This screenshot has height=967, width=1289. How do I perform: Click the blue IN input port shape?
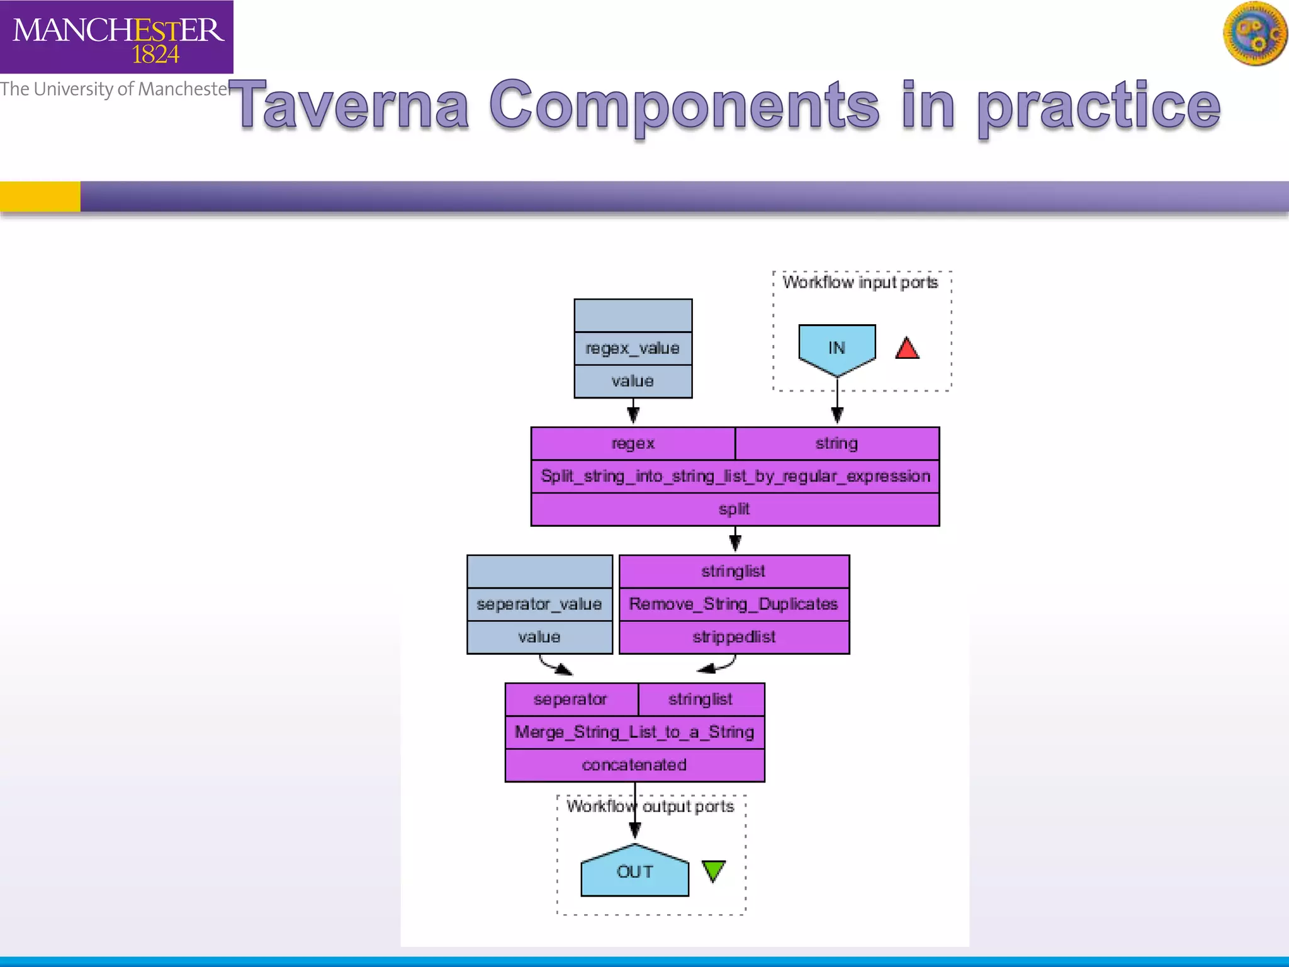tap(836, 348)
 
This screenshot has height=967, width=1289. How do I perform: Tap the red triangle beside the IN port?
tap(907, 349)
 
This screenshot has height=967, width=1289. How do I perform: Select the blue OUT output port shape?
tap(634, 872)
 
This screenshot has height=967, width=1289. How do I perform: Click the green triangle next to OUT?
tap(714, 871)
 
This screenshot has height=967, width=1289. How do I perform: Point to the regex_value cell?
tap(633, 348)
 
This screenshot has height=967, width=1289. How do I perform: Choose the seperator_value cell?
tap(539, 604)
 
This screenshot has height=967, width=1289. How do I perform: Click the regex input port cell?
tap(633, 443)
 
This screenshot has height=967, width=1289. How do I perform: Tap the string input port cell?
tap(836, 443)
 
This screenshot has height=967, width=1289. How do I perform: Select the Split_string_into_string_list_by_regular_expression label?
tap(735, 476)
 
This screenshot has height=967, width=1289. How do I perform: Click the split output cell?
tap(735, 509)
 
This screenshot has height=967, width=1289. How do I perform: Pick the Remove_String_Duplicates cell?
tap(734, 604)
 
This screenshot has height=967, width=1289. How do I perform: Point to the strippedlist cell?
tap(734, 637)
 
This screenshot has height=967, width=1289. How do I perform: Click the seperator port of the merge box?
tap(571, 699)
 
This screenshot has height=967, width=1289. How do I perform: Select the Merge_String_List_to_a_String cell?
tap(634, 732)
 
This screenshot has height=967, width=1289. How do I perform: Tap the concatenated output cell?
tap(634, 765)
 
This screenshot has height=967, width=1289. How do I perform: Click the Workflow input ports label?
tap(860, 282)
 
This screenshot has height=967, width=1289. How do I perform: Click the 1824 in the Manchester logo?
tap(155, 55)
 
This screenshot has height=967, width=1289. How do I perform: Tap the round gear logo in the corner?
tap(1254, 33)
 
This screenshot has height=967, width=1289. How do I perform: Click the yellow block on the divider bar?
tap(40, 196)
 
